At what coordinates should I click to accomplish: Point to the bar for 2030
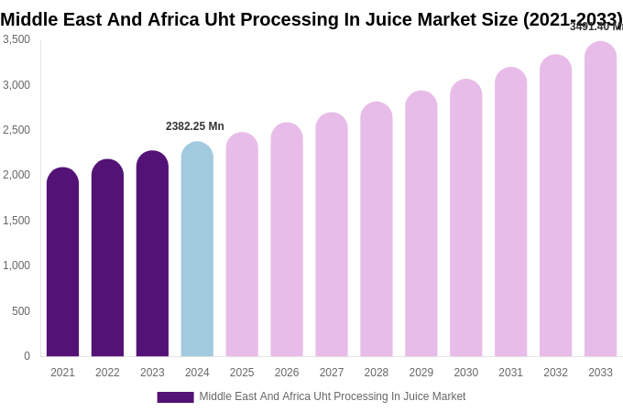click(465, 219)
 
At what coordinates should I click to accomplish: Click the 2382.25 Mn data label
click(194, 126)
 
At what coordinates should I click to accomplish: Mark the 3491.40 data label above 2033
click(596, 27)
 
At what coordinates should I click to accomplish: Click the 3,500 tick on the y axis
click(16, 39)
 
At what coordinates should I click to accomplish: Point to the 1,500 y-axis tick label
click(16, 221)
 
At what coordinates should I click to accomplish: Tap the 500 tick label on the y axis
click(21, 311)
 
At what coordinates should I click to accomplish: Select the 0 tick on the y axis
click(27, 356)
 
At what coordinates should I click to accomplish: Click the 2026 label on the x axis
click(287, 373)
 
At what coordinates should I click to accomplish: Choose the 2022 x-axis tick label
click(107, 373)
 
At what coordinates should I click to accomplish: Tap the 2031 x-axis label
click(510, 373)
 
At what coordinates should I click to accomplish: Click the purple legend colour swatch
click(175, 397)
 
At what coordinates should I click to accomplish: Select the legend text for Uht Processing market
click(332, 396)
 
